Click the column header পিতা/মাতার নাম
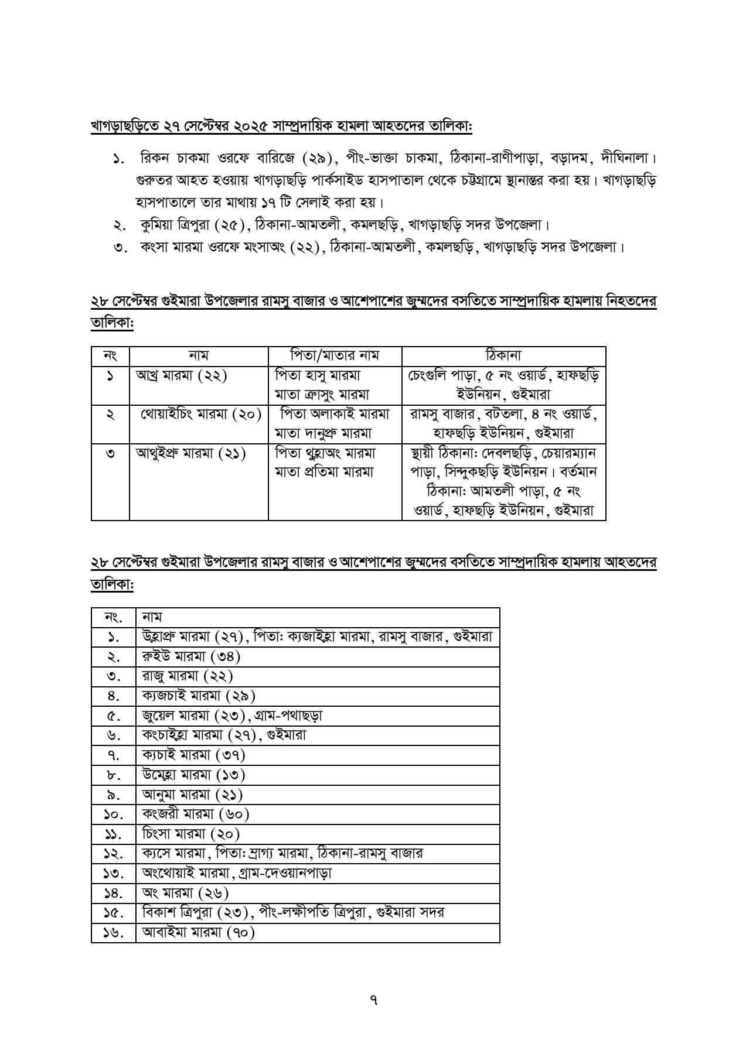[x=335, y=355]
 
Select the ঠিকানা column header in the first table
[x=503, y=355]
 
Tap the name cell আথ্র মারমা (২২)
[x=182, y=375]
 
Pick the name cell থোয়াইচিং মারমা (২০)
[x=200, y=414]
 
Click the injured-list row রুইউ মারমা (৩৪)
[x=191, y=656]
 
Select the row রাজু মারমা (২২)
[x=188, y=676]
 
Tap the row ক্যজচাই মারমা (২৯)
[x=199, y=696]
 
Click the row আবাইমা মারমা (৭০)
[x=198, y=932]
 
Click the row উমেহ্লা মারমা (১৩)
[x=193, y=775]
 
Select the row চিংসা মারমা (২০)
[x=191, y=834]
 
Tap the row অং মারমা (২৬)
[x=185, y=892]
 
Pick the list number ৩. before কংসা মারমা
[x=121, y=247]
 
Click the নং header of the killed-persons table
[x=110, y=355]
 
